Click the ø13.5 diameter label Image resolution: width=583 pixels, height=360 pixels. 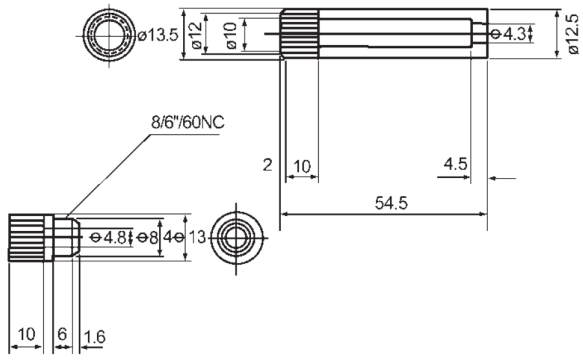[x=159, y=35]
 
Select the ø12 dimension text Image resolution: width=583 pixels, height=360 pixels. [x=196, y=34]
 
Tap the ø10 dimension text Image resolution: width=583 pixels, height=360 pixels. [x=231, y=34]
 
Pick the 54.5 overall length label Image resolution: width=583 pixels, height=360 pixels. [x=391, y=203]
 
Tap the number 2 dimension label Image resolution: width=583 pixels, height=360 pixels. [x=267, y=165]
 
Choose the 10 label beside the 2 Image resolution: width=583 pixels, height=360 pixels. [x=301, y=166]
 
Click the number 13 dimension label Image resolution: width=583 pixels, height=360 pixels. [x=197, y=237]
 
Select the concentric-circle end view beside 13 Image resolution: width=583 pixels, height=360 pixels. [x=236, y=238]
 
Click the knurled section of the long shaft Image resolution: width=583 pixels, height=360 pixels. [x=299, y=34]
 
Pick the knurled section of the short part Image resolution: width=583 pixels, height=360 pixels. [x=26, y=238]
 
